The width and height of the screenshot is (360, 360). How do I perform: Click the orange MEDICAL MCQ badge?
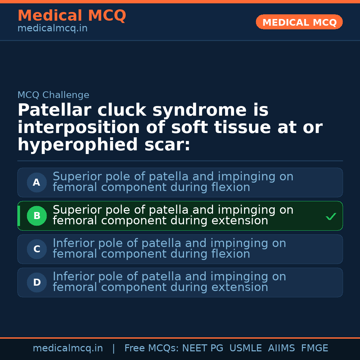tap(299, 22)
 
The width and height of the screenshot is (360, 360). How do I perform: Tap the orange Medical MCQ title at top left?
tap(72, 15)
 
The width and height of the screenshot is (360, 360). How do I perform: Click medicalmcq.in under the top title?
tap(53, 28)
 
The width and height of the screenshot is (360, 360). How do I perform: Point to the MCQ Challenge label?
tap(53, 95)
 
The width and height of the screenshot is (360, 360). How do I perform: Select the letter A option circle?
tap(37, 183)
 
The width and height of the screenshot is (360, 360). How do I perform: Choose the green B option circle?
tap(37, 216)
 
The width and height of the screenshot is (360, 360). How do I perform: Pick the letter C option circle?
tap(37, 249)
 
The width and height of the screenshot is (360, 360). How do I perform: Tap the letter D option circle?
tap(37, 282)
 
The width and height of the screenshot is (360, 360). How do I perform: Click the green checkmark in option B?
tap(331, 216)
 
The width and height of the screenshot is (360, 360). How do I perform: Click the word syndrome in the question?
tap(200, 110)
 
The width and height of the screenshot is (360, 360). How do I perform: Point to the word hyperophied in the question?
tap(78, 145)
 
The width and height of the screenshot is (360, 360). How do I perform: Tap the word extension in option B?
tap(240, 220)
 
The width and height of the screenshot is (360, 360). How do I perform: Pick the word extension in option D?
tap(240, 287)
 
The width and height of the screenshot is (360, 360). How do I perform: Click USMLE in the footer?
tap(246, 348)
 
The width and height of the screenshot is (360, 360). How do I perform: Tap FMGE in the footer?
tap(315, 348)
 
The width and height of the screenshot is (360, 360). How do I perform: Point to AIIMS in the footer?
tap(281, 348)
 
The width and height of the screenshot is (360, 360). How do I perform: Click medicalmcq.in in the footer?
tap(68, 348)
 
